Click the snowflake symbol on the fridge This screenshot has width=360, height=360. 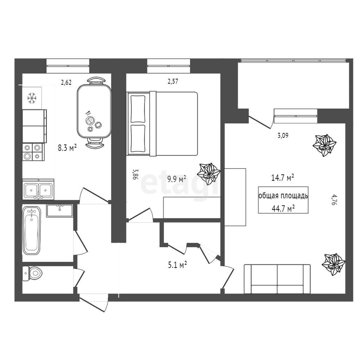pyautogui.click(x=32, y=98)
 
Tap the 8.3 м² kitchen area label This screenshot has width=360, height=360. pyautogui.click(x=67, y=148)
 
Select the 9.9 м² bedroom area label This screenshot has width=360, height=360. pyautogui.click(x=176, y=179)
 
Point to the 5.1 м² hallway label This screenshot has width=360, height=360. pyautogui.click(x=177, y=265)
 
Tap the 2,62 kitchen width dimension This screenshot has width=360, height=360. pyautogui.click(x=66, y=82)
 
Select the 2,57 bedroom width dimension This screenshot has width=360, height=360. pyautogui.click(x=173, y=82)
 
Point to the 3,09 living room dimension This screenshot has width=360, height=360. pyautogui.click(x=283, y=135)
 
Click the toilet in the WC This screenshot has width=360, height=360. pyautogui.click(x=32, y=274)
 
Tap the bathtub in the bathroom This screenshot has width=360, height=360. pyautogui.click(x=32, y=230)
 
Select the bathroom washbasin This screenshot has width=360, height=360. pyautogui.click(x=60, y=211)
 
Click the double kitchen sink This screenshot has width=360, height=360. pyautogui.click(x=38, y=189)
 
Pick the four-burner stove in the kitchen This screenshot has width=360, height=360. pyautogui.click(x=33, y=152)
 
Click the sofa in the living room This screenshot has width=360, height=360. pyautogui.click(x=277, y=279)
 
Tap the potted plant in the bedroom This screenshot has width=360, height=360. pyautogui.click(x=209, y=174)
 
